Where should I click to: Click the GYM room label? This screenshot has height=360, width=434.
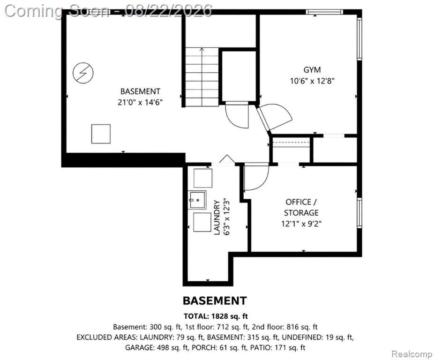coord(312,70)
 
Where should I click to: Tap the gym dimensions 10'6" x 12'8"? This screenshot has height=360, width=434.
coord(312,81)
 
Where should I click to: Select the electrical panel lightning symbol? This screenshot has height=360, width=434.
coord(83,73)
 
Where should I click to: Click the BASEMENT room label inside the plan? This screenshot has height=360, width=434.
coord(140,91)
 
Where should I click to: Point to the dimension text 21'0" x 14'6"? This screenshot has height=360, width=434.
coord(140,103)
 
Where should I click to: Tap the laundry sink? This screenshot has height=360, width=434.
coord(197,200)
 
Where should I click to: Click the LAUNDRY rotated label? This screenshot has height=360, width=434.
coord(217,217)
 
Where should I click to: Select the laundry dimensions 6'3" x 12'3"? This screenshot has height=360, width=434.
coord(227,217)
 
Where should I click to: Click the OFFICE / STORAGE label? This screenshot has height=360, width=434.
coord(301,207)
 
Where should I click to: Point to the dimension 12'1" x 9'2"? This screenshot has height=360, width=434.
coord(301,224)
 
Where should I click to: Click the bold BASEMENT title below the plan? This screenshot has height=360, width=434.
coord(215,301)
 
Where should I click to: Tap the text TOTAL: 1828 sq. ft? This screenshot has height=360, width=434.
coord(216,316)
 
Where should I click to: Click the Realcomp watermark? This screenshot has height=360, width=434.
coord(412,353)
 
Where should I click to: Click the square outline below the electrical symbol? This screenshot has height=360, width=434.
coord(101,134)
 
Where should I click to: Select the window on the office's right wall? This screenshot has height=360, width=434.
coord(359,213)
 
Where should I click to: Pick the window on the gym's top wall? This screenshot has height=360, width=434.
coord(324,12)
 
